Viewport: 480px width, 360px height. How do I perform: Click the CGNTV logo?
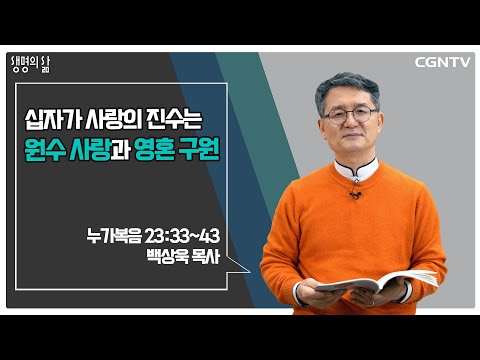[442, 62]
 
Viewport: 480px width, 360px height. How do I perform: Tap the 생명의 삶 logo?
[30, 64]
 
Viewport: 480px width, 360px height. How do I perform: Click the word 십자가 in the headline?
[53, 120]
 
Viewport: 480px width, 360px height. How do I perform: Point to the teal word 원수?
[45, 150]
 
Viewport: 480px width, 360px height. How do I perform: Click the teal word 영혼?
[155, 150]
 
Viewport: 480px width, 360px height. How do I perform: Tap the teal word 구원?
[199, 150]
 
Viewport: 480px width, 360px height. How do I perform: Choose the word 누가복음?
[114, 236]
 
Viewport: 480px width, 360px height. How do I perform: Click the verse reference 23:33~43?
[182, 236]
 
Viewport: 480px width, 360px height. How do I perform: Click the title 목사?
[206, 256]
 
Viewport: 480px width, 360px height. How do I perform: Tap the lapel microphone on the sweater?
[355, 194]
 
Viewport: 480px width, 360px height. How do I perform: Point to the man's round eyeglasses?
[351, 115]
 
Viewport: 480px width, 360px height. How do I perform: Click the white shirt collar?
[356, 170]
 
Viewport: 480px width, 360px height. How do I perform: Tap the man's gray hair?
[347, 87]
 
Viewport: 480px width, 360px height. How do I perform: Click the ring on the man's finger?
[373, 303]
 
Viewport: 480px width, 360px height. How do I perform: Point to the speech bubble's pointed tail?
[239, 266]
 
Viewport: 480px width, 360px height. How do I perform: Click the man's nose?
[351, 123]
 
